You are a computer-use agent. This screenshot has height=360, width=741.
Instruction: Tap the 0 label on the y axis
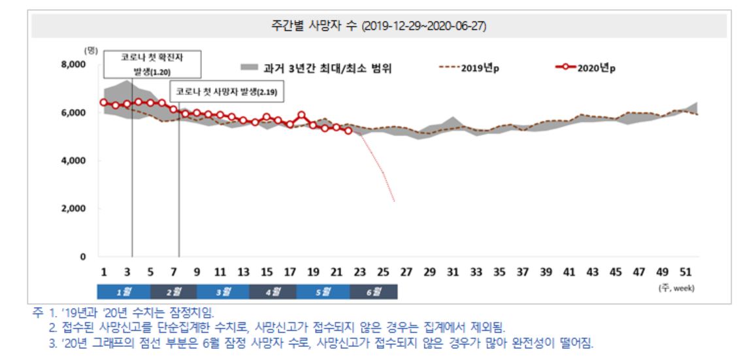83,257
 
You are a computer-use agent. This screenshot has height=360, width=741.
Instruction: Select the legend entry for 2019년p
467,68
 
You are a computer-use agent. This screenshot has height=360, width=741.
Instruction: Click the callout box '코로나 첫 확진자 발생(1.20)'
152,65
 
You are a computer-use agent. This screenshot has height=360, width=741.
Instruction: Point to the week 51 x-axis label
687,272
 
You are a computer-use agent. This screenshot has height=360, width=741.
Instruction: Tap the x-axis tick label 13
243,272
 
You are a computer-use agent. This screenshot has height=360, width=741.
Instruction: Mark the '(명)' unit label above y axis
90,50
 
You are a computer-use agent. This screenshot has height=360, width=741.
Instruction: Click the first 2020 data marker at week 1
103,102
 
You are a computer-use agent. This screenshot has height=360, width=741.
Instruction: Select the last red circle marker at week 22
348,131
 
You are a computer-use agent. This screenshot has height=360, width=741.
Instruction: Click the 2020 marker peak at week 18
301,115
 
